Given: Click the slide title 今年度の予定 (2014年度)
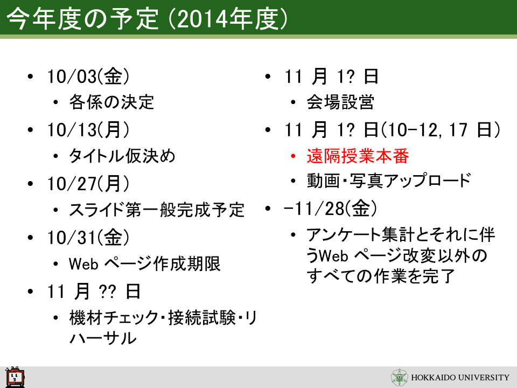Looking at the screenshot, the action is point(147,18).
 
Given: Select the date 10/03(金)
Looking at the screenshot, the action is point(88,76).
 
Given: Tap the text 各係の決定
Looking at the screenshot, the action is point(111,102).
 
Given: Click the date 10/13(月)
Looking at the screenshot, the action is point(88,130).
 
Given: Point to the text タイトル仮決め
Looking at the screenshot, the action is point(122,156).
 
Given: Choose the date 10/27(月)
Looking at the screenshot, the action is point(88,183).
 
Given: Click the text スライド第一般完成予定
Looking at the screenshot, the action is point(157,210).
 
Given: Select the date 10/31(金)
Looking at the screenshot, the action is point(88,237).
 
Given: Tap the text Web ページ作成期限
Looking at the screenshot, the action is point(145,264).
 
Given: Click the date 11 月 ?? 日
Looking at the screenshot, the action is point(94,292).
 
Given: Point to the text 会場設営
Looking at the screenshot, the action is point(340,102).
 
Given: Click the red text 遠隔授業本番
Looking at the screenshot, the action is point(358,156).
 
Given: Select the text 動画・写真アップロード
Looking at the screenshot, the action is point(389,181).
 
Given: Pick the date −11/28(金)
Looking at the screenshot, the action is point(330,209).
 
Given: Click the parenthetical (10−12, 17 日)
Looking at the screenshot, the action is point(441,130).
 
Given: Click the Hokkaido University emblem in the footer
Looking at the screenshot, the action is point(400,377).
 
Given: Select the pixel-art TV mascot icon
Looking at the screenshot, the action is point(15,377).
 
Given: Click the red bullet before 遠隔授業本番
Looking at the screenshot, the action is point(293,156).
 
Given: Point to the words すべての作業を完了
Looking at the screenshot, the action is point(381,276).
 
